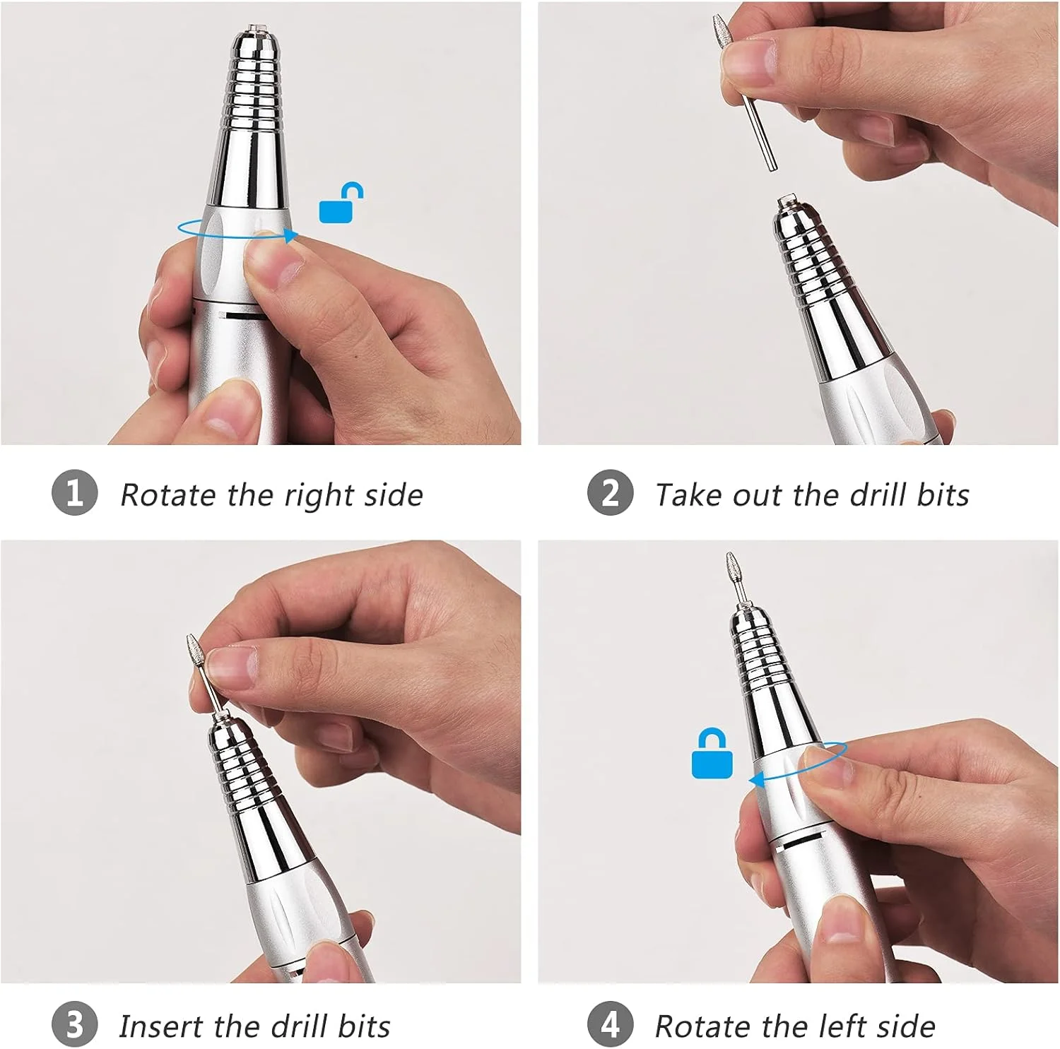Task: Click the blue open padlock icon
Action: tap(341, 203)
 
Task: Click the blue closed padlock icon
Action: tap(712, 754)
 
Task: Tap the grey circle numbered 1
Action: tap(74, 492)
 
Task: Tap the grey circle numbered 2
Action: tap(610, 492)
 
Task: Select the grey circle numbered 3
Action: tap(74, 1024)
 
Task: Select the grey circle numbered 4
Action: tap(610, 1024)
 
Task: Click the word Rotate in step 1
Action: tap(167, 494)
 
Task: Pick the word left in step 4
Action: tap(844, 1026)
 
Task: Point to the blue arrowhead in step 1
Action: tap(290, 237)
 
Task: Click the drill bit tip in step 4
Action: tap(731, 555)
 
